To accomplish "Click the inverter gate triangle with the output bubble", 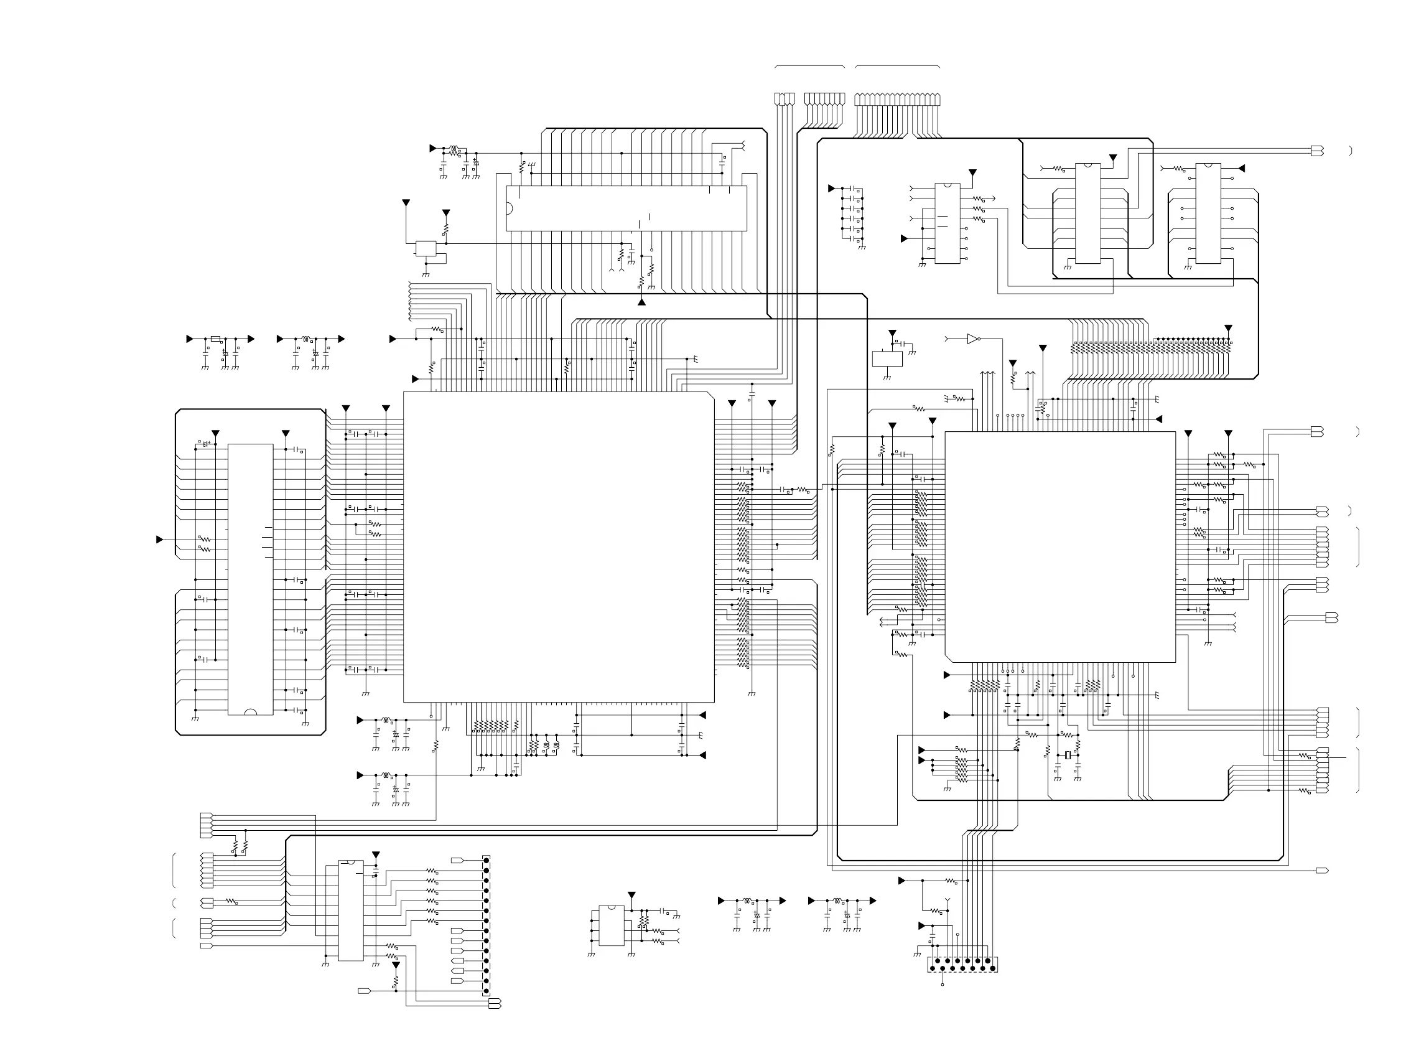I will [972, 339].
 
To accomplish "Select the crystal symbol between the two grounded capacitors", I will [1068, 754].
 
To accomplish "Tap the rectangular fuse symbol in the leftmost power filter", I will [216, 339].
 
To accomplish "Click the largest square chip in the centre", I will [559, 547].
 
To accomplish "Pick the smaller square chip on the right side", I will [1059, 547].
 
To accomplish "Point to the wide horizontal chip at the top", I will [626, 208].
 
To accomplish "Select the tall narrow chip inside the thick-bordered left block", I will [251, 579].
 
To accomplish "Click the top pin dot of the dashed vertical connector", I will [487, 860].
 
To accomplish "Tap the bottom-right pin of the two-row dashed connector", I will [992, 968].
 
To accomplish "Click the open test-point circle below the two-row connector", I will [943, 984].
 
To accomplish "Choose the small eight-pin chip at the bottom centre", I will [612, 925].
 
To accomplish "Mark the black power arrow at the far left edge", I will [160, 540].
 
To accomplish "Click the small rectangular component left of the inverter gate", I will [887, 358].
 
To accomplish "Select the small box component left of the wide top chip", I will [426, 248].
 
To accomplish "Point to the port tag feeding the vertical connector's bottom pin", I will [495, 1004].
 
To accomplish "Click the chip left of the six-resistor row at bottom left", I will [351, 910].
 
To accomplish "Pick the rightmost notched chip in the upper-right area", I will [1208, 213].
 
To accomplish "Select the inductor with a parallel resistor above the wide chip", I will [454, 151].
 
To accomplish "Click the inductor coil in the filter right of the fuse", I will [307, 339].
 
